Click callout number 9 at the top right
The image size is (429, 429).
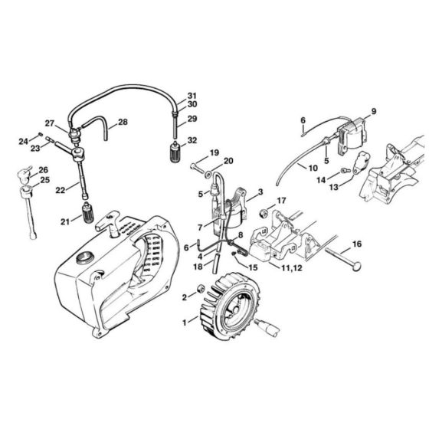pos(374,112)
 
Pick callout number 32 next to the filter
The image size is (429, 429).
pos(192,140)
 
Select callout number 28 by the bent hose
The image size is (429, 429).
pos(123,123)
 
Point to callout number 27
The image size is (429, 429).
pos(50,123)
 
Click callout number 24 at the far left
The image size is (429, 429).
pos(22,140)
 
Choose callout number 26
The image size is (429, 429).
pos(43,170)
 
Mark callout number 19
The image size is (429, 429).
pos(215,152)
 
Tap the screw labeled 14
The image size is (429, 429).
pos(345,170)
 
